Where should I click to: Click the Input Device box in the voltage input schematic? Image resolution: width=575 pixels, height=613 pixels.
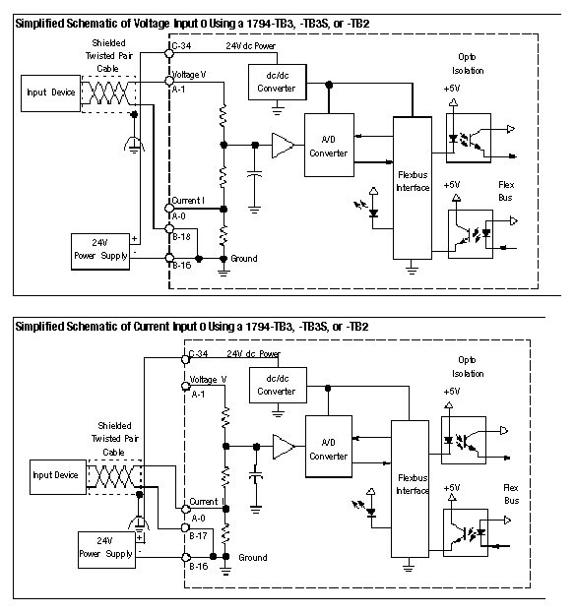click(x=49, y=92)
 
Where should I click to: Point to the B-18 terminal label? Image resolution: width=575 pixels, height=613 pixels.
click(x=183, y=234)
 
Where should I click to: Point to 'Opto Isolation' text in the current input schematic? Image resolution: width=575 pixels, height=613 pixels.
click(x=470, y=367)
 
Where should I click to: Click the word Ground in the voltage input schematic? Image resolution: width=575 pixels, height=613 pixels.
click(x=243, y=259)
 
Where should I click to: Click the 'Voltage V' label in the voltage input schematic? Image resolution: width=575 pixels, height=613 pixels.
click(x=188, y=75)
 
